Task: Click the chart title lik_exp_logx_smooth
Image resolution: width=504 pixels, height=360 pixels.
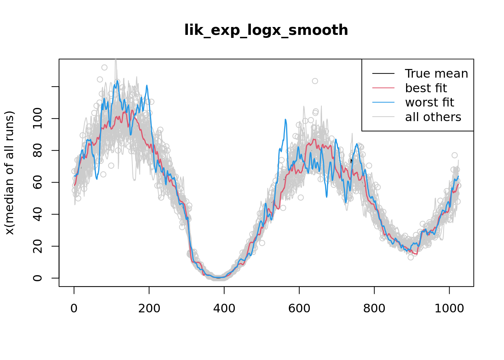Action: point(266,30)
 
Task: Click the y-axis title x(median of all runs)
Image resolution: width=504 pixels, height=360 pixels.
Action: point(10,173)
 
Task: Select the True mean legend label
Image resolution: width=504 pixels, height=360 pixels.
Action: point(436,73)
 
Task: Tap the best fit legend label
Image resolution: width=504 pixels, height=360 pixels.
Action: point(426,88)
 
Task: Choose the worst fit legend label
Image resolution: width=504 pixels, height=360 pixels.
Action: point(429,102)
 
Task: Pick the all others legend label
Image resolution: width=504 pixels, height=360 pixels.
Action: point(433,117)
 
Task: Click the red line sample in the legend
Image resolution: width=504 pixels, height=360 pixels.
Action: point(383,88)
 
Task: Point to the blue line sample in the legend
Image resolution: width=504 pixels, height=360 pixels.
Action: point(383,102)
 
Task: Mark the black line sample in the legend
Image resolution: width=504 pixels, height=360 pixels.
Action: point(383,73)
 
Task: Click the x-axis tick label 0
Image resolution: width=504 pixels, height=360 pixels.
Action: point(74,308)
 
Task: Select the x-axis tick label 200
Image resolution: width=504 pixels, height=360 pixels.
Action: point(149,308)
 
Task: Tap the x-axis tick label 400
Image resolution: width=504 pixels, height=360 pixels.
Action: point(224,308)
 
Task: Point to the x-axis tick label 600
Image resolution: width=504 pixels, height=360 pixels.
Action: point(299,308)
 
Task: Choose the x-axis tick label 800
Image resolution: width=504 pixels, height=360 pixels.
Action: point(374,308)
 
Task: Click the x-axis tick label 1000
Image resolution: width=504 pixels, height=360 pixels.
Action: point(449,308)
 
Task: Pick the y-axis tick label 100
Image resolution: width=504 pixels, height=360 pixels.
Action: point(38,118)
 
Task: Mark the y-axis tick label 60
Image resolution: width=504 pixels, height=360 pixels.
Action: point(38,182)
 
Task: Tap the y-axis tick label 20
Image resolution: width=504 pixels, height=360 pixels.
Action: point(38,246)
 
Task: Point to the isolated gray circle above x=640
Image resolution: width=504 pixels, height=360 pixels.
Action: point(315,81)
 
